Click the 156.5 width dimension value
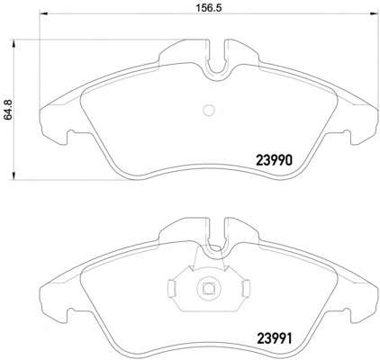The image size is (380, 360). (x=209, y=8)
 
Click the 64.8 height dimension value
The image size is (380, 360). (x=8, y=110)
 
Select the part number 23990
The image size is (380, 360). (x=274, y=160)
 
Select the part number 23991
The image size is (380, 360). (x=274, y=339)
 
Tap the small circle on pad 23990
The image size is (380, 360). (x=209, y=111)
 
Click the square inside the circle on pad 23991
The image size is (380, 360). (x=208, y=288)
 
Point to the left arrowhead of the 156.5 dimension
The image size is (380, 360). (x=44, y=13)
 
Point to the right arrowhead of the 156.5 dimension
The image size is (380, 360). (x=374, y=13)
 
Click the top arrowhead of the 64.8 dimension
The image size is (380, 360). (x=14, y=44)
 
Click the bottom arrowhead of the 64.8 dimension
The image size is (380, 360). (x=14, y=175)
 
